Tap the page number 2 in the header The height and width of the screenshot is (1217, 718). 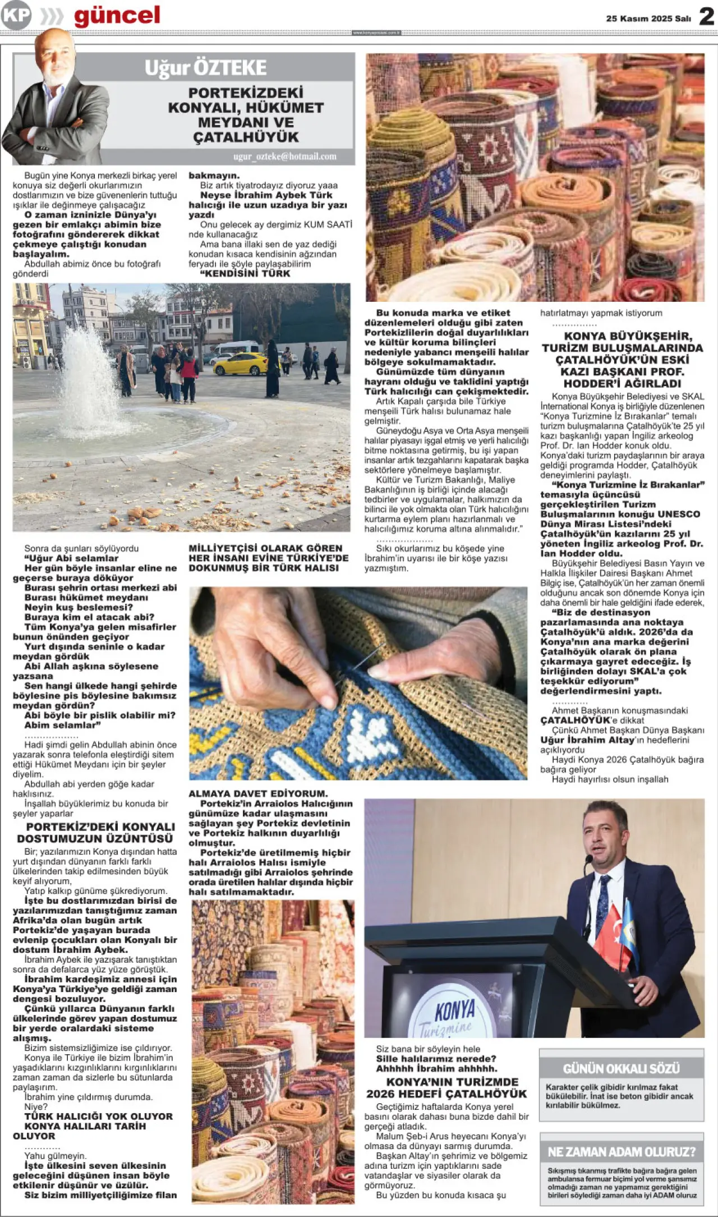706,17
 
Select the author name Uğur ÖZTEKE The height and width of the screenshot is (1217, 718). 205,68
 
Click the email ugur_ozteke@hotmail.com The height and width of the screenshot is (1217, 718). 284,157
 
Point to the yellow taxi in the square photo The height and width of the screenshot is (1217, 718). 240,364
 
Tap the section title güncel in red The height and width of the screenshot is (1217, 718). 117,16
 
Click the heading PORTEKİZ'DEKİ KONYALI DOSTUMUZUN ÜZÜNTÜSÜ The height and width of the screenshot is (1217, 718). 95,833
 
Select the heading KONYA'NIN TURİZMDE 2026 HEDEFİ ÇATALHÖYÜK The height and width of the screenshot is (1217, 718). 447,1087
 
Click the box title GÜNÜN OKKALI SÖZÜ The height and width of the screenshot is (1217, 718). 621,1068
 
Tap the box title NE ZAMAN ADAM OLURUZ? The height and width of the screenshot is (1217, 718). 621,1152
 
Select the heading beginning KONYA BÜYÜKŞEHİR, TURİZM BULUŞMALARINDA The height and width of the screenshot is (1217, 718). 622,360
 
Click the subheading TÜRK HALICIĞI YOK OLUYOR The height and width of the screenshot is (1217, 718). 98,1117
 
